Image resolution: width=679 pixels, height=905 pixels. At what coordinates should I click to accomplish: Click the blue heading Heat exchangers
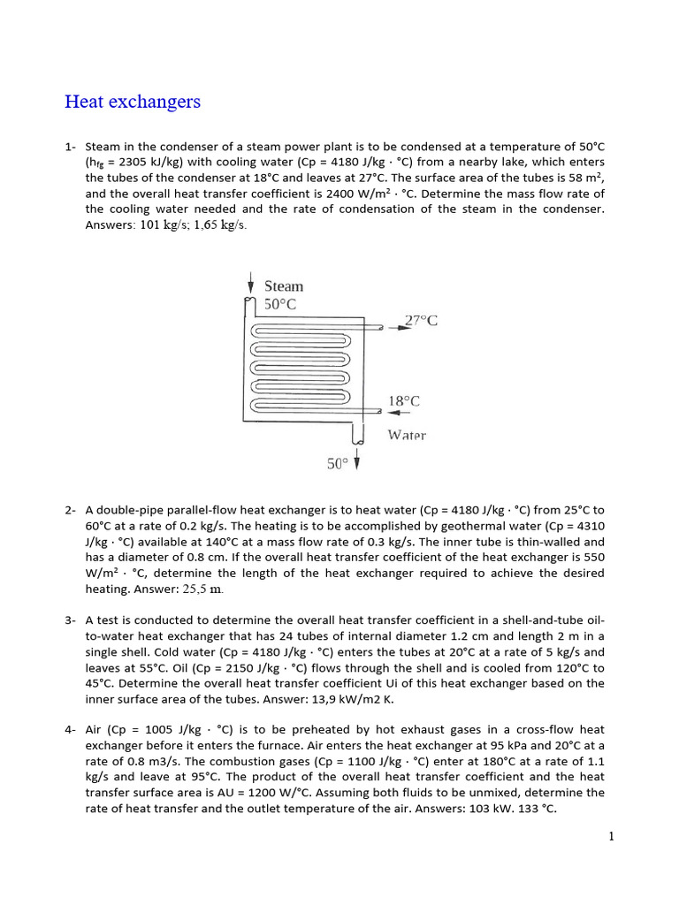pyautogui.click(x=133, y=102)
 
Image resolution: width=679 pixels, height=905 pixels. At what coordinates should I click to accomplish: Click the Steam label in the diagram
pyautogui.click(x=284, y=286)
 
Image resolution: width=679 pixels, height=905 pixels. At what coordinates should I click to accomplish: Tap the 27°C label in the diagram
pyautogui.click(x=421, y=320)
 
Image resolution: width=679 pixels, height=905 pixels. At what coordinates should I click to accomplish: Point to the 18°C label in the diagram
pyautogui.click(x=404, y=400)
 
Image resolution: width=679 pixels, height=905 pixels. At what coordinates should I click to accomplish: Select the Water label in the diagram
pyautogui.click(x=407, y=435)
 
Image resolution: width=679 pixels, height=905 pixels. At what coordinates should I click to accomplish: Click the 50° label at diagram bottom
pyautogui.click(x=338, y=463)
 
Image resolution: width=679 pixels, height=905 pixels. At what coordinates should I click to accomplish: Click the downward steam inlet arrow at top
pyautogui.click(x=251, y=285)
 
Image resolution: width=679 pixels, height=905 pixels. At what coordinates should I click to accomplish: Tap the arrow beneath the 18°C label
pyautogui.click(x=399, y=412)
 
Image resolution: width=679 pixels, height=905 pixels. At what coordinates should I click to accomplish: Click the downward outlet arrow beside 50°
pyautogui.click(x=357, y=460)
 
